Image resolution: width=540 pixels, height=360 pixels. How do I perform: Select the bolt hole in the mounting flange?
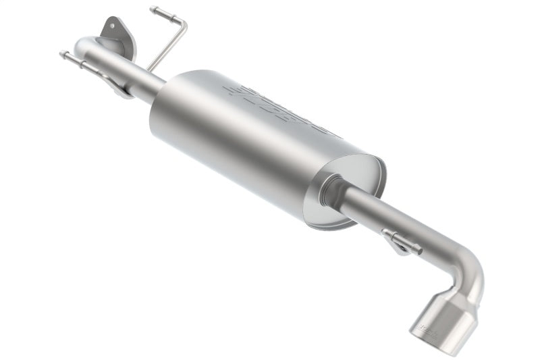point(111,30)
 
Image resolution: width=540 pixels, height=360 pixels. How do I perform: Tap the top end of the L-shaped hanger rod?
point(154,9)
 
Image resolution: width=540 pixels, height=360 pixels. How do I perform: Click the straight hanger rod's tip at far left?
point(63,54)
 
